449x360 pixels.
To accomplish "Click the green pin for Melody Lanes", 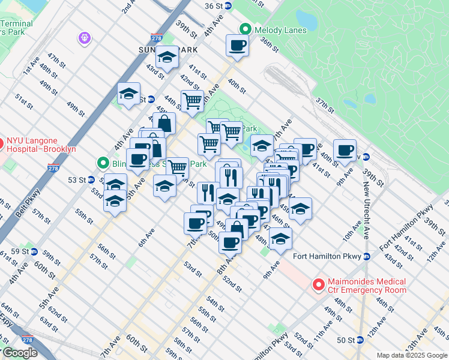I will click(245, 29).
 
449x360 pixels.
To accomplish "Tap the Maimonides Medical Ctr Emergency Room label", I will click(367, 286).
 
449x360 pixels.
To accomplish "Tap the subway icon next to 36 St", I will click(236, 5).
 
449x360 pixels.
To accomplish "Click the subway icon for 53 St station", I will click(91, 179).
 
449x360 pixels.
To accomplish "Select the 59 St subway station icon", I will click(34, 251).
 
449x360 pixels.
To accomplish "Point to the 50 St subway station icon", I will click(360, 340).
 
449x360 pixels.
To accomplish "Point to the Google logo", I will click(20, 353).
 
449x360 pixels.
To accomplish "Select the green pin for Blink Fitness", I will click(103, 163).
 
